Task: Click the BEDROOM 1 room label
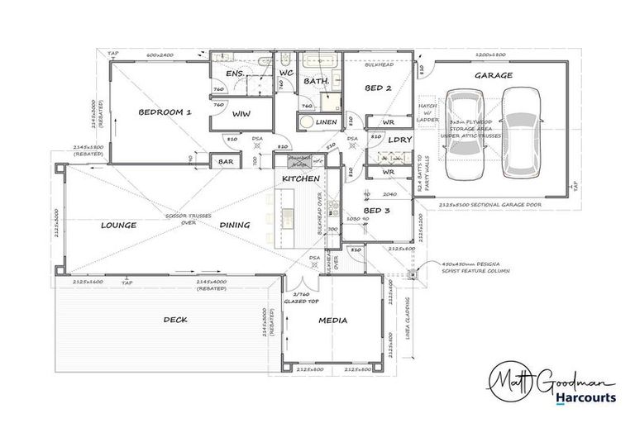(x=165, y=112)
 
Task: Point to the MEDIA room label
(x=332, y=321)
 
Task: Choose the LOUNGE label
(x=118, y=225)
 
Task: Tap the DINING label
(x=235, y=225)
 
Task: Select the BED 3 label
(x=376, y=211)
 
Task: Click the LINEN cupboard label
(x=326, y=122)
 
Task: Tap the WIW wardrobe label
(x=241, y=113)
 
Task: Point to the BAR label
(x=225, y=163)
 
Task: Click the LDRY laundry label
(x=400, y=140)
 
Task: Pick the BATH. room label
(x=317, y=82)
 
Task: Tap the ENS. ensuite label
(x=233, y=74)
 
